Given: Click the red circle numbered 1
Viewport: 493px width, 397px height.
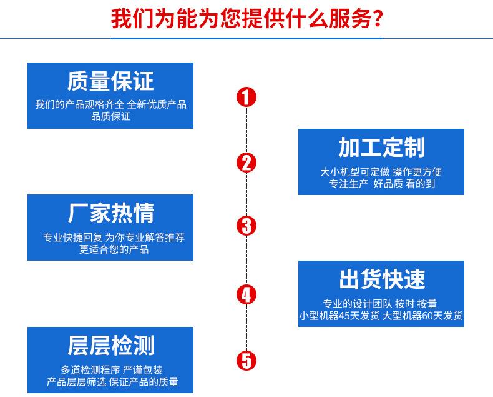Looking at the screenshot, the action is (x=246, y=97).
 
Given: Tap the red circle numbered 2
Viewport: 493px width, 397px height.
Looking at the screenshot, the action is (x=246, y=163).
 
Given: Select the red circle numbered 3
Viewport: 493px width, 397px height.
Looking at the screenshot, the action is (x=246, y=226).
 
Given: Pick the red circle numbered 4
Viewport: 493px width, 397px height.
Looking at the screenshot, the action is (x=246, y=294).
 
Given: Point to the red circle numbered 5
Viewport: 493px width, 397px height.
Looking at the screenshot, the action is (x=246, y=360).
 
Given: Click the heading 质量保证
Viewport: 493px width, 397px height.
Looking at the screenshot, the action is (x=110, y=81).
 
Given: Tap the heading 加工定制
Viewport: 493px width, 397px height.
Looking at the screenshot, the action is (x=381, y=148).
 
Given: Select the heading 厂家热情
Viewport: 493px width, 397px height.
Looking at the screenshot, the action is (x=110, y=214).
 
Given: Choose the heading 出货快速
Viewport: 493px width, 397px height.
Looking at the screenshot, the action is (x=381, y=279).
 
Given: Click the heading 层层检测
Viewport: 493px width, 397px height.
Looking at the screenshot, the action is (x=110, y=346).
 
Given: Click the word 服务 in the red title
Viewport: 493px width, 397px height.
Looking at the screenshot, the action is (x=348, y=19).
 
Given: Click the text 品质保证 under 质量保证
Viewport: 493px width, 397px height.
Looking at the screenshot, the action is (x=110, y=116).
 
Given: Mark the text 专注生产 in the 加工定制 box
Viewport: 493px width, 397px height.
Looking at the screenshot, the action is (x=350, y=184).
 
